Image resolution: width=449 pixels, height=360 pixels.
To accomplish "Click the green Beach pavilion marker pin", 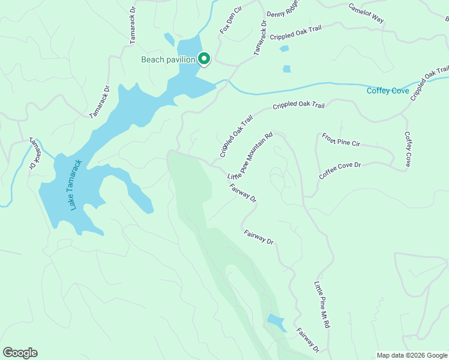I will [204, 59].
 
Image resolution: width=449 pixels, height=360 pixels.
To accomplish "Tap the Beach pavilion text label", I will [168, 59].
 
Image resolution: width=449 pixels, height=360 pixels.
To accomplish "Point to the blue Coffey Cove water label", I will [388, 91].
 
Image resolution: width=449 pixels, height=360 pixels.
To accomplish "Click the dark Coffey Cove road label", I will [408, 149].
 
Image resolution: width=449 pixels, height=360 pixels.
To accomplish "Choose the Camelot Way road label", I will [367, 13].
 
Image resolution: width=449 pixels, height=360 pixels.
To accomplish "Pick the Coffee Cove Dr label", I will [340, 170].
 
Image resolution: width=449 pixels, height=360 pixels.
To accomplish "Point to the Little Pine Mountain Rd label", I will [250, 156].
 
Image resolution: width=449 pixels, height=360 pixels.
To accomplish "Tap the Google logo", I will [20, 353].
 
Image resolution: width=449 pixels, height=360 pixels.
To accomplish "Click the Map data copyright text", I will [412, 355].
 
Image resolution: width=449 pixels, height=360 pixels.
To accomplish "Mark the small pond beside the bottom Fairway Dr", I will [276, 322].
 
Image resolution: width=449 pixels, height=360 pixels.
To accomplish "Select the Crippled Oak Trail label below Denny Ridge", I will [297, 36].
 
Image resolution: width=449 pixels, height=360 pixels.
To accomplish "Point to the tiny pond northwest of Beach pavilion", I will [169, 40].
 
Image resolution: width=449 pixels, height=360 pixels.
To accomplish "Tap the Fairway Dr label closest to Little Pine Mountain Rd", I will [243, 191].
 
